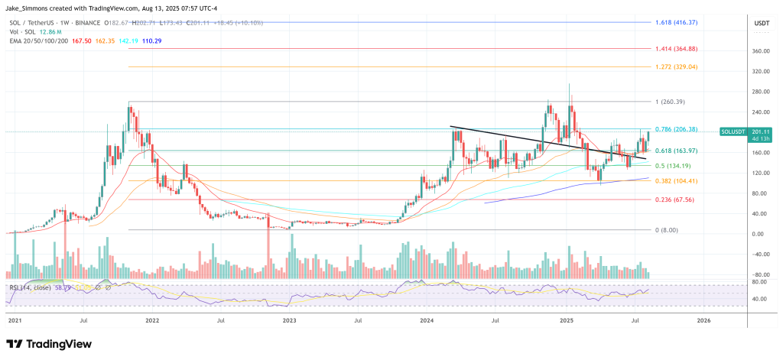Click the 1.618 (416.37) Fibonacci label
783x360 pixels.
(x=675, y=24)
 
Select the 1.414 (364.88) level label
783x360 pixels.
(x=675, y=49)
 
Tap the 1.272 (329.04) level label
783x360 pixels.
(x=675, y=67)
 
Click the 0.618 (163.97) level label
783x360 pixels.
(x=675, y=151)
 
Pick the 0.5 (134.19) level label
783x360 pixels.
(x=672, y=166)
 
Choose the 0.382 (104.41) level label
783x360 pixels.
(x=675, y=181)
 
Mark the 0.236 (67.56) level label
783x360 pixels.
(x=674, y=200)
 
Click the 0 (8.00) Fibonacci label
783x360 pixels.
(x=666, y=230)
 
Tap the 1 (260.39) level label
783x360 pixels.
(x=669, y=102)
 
